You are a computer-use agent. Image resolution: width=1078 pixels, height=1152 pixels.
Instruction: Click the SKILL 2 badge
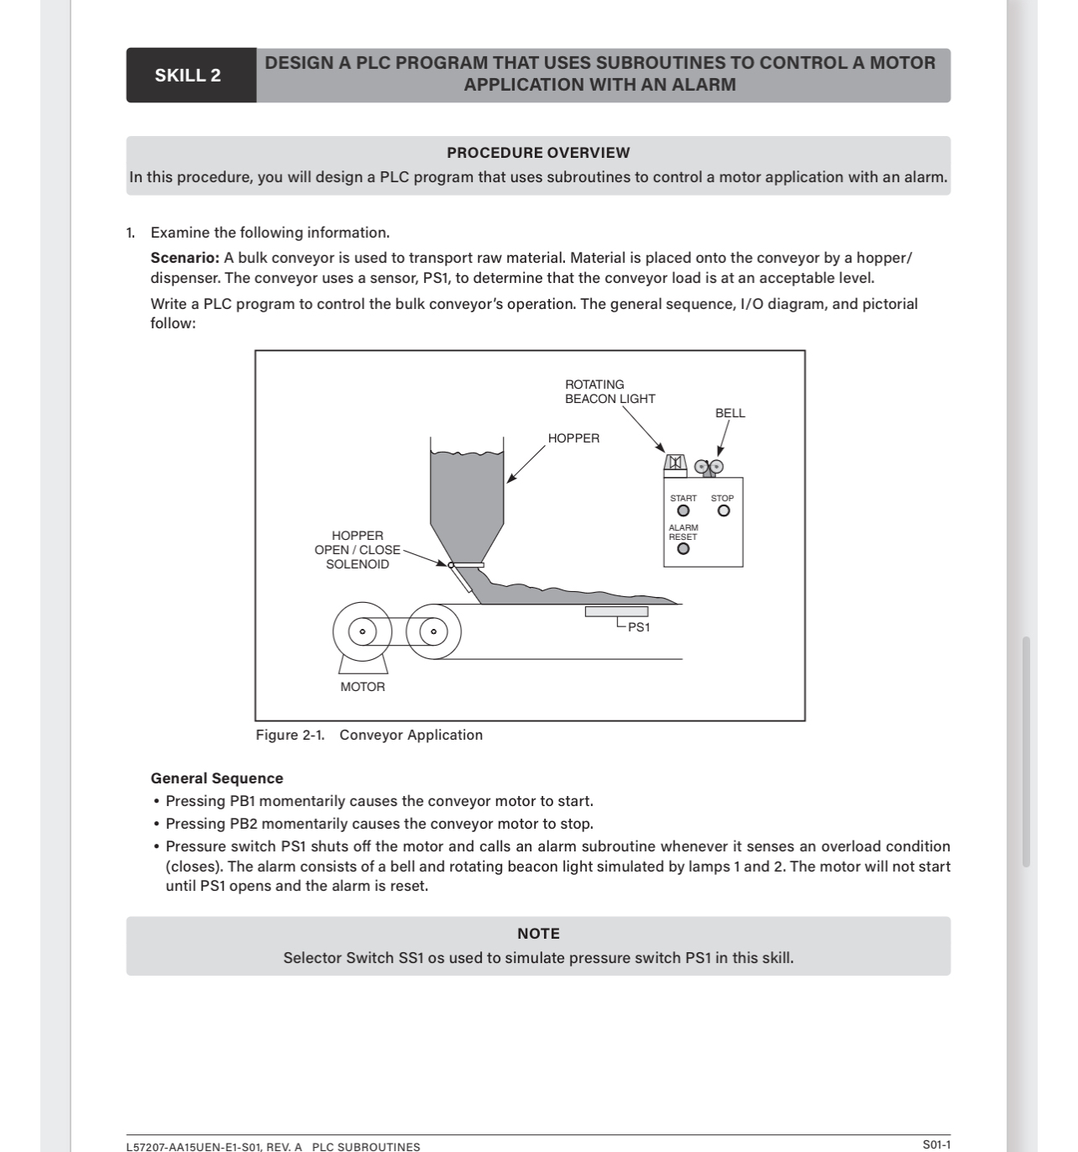pyautogui.click(x=188, y=76)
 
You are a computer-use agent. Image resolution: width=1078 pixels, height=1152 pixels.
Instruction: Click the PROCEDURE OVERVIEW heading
pyautogui.click(x=538, y=153)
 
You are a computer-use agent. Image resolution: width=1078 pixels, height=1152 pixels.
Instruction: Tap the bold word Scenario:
pyautogui.click(x=185, y=258)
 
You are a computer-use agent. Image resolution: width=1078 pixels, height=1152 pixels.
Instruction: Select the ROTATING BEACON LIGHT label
pyautogui.click(x=610, y=392)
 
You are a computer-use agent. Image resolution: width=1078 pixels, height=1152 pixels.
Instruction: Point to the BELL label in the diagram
pyautogui.click(x=730, y=413)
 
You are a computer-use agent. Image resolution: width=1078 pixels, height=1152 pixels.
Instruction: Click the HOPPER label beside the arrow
pyautogui.click(x=573, y=438)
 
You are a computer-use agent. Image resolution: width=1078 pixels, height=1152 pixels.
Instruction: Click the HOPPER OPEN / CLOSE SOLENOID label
pyautogui.click(x=358, y=550)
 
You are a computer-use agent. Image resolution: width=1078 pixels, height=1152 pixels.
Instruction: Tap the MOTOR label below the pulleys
pyautogui.click(x=363, y=687)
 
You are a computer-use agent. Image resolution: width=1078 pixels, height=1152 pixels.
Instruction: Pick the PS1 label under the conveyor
pyautogui.click(x=639, y=628)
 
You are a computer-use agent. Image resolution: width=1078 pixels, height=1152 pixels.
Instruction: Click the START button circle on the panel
pyautogui.click(x=683, y=511)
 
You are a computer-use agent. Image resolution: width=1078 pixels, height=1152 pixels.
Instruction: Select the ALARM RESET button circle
pyautogui.click(x=683, y=549)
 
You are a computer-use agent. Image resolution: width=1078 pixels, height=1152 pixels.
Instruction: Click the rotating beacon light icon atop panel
pyautogui.click(x=675, y=463)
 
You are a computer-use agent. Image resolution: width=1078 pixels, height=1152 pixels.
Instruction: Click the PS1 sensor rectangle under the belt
pyautogui.click(x=616, y=611)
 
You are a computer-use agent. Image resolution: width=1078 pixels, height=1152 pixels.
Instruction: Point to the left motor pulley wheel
pyautogui.click(x=363, y=631)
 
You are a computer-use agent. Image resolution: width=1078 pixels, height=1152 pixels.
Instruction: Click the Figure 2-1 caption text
pyautogui.click(x=369, y=736)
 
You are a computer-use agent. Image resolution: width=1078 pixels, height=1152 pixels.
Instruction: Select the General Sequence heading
pyautogui.click(x=217, y=778)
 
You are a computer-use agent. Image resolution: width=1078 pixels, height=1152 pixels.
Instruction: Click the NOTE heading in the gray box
pyautogui.click(x=538, y=934)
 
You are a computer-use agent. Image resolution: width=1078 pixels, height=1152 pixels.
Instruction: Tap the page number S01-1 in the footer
pyautogui.click(x=936, y=1144)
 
